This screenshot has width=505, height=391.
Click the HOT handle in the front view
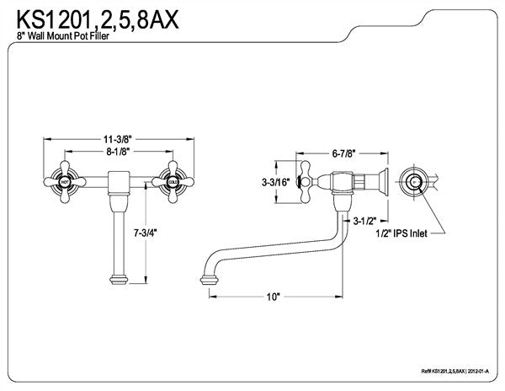[x=65, y=181]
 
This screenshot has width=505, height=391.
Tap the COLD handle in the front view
[x=173, y=181]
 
